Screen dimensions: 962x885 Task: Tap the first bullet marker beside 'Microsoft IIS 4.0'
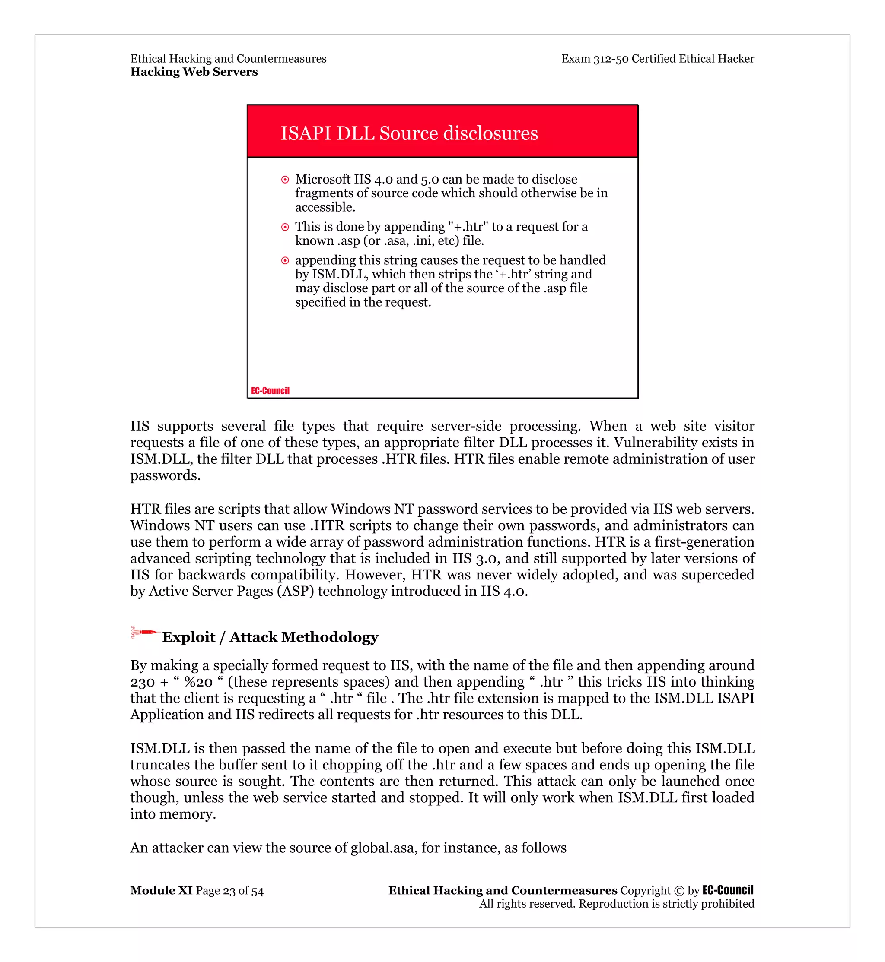click(x=285, y=180)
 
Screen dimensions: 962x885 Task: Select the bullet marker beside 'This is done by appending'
click(x=285, y=228)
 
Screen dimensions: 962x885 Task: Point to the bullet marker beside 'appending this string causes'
click(x=285, y=261)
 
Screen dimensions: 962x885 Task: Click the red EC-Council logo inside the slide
click(x=270, y=391)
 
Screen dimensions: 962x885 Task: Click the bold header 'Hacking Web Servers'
click(x=194, y=72)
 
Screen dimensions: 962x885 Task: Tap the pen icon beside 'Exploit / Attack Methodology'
click(x=143, y=633)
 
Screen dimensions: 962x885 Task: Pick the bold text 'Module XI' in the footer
click(x=161, y=890)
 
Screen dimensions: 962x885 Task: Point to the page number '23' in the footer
click(x=229, y=891)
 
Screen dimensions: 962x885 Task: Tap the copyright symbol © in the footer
click(x=678, y=891)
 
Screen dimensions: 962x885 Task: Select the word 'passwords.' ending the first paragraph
click(x=165, y=476)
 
